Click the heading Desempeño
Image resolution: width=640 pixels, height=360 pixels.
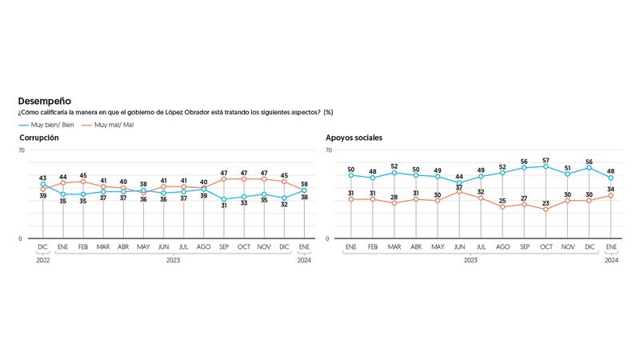point(44,102)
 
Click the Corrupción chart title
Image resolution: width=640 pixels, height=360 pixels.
point(39,138)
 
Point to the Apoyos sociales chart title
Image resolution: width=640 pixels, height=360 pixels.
point(354,138)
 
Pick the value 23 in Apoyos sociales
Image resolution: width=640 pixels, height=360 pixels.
point(546,203)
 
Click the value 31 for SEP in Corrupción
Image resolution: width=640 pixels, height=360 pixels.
point(223,205)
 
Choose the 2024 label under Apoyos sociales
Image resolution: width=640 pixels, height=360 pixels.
point(611,260)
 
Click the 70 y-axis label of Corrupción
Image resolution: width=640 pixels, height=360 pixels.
point(22,150)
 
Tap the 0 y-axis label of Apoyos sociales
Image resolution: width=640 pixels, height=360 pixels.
point(329,238)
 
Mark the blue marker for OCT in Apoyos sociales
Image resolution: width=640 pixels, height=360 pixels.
point(546,166)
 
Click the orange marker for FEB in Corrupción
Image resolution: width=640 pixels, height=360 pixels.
point(82,182)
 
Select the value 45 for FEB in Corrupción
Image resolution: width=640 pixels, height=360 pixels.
point(82,175)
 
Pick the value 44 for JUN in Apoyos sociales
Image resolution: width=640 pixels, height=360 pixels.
point(458,176)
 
